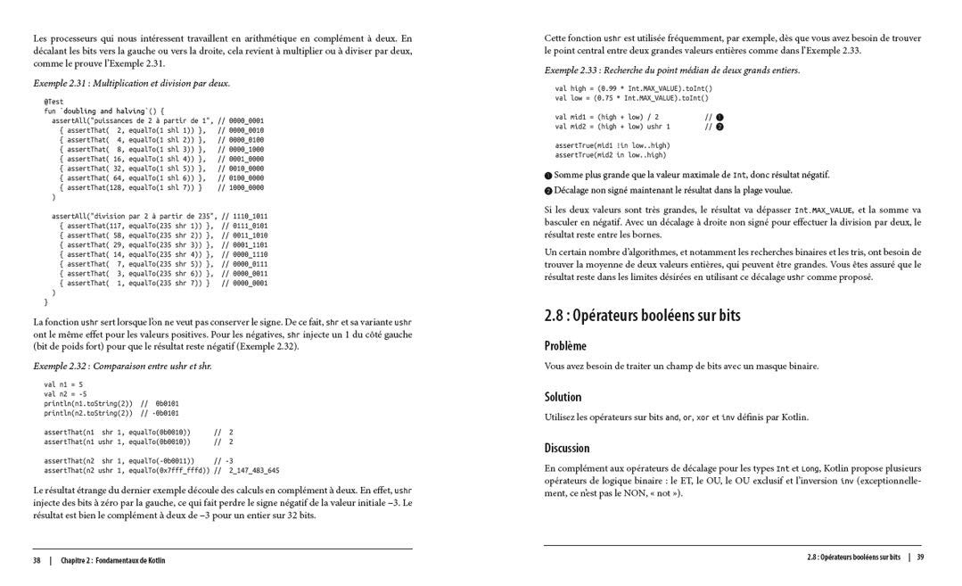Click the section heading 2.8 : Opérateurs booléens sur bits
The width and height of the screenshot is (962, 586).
pyautogui.click(x=642, y=316)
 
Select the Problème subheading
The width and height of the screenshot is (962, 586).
pyautogui.click(x=565, y=346)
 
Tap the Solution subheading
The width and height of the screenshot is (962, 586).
pyautogui.click(x=563, y=397)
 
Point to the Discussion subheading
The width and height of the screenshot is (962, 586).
pyautogui.click(x=567, y=448)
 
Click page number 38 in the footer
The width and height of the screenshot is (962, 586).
pyautogui.click(x=37, y=560)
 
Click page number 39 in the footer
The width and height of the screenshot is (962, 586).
pyautogui.click(x=920, y=557)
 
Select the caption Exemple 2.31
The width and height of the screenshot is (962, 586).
pyautogui.click(x=131, y=83)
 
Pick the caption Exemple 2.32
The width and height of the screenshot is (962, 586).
pyautogui.click(x=122, y=366)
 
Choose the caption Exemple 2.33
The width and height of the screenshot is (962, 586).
pyautogui.click(x=671, y=70)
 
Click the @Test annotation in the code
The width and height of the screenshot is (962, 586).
pyautogui.click(x=53, y=103)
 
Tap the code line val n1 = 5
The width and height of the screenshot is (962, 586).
pyautogui.click(x=63, y=384)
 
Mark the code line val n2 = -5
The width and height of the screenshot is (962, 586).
pyautogui.click(x=65, y=393)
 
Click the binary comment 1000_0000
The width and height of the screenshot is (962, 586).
pyautogui.click(x=247, y=188)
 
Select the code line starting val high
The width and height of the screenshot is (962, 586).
pyautogui.click(x=633, y=88)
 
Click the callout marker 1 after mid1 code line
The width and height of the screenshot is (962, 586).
pyautogui.click(x=719, y=117)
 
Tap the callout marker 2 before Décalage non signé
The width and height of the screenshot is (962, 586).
pyautogui.click(x=548, y=191)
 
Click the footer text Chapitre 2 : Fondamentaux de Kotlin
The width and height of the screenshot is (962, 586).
pyautogui.click(x=112, y=560)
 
